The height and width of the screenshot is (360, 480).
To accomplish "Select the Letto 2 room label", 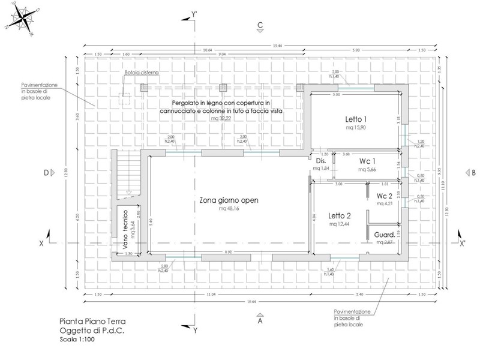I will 340,215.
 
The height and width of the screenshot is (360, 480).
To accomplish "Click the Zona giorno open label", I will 229,200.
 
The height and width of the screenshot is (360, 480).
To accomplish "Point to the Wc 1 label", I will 367,161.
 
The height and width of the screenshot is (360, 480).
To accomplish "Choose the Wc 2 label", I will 385,196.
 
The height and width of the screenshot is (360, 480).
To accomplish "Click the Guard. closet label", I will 384,234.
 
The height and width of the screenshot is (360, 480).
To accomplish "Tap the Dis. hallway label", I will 320,161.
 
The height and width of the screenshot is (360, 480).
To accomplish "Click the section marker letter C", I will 260,25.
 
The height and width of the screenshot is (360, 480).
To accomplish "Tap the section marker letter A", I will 260,321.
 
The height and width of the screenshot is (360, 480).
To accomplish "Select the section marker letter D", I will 46,173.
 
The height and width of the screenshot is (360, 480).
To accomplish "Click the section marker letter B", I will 473,173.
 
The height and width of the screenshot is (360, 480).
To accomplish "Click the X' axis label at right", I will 463,244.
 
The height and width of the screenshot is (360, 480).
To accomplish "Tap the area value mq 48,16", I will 229,209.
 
